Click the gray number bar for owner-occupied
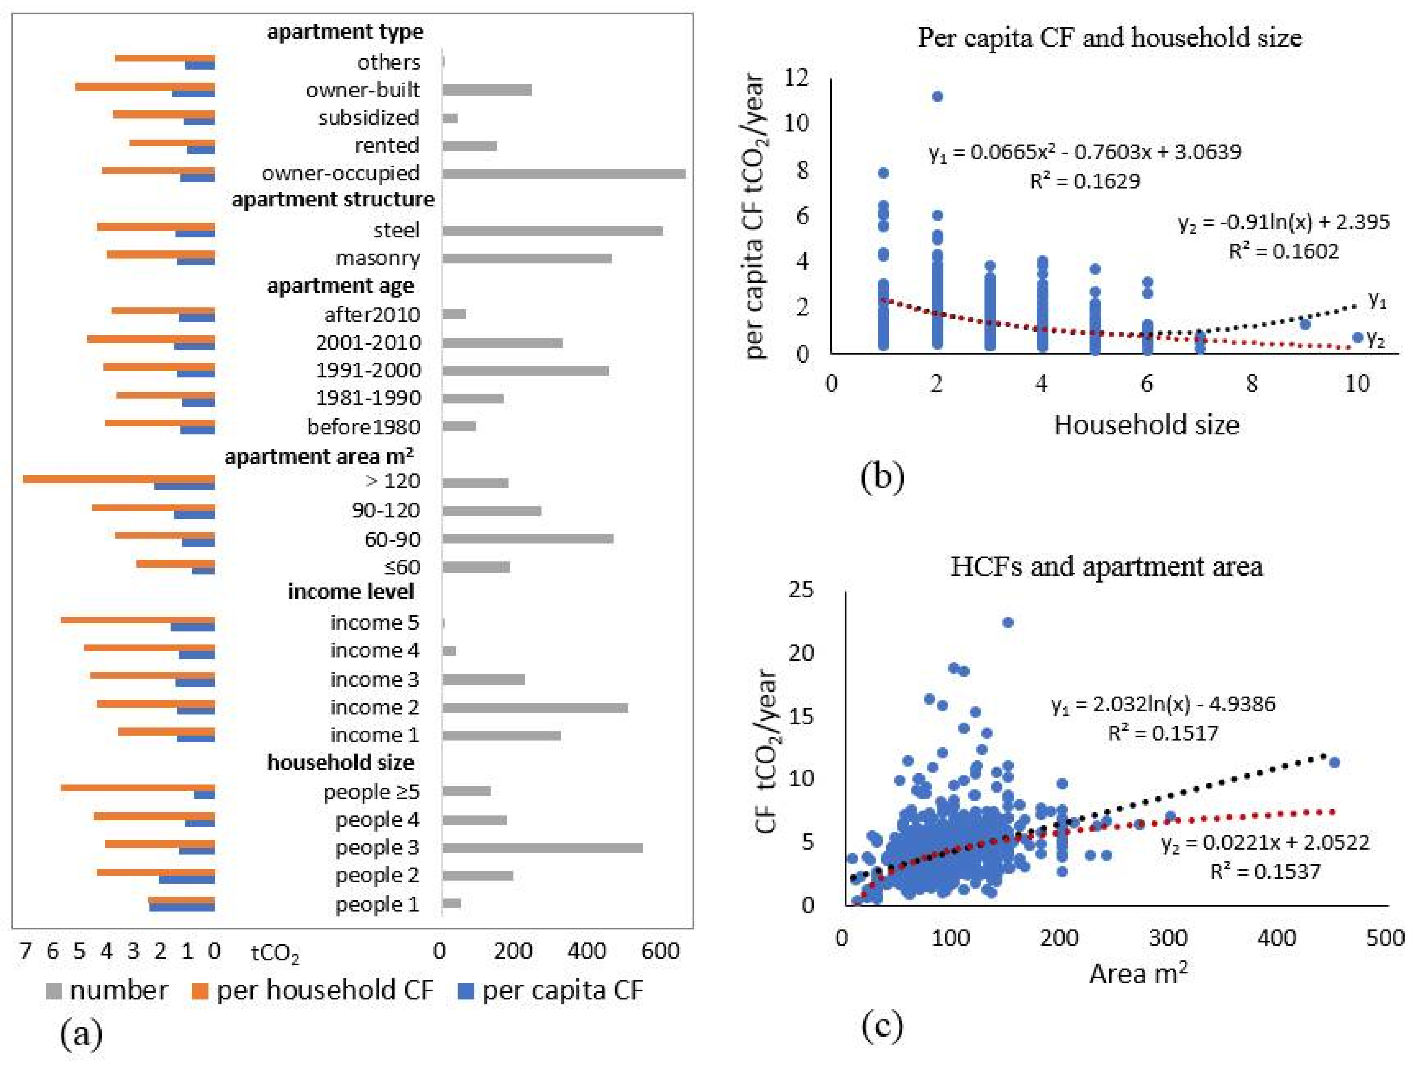click(563, 174)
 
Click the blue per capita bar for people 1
click(182, 907)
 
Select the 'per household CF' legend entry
click(324, 990)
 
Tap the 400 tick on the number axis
click(586, 951)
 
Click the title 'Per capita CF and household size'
click(1109, 37)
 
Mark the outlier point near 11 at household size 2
click(937, 96)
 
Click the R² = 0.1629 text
click(1085, 181)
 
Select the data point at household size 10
click(1357, 337)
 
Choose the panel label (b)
click(882, 477)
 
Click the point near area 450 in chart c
click(1334, 762)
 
